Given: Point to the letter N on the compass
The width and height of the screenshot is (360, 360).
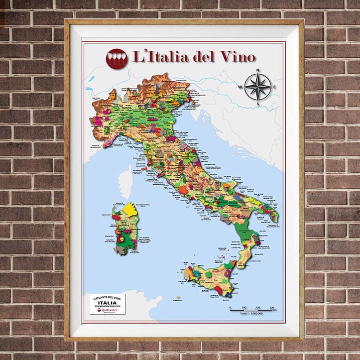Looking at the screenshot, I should coord(258,70).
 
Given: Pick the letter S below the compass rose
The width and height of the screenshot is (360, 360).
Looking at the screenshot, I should coord(257,104).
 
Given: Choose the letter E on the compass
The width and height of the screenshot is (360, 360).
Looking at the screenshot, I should coord(274,87).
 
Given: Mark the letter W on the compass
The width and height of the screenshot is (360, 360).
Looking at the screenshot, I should coord(240,87).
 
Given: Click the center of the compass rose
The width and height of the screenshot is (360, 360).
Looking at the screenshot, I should coord(257,87).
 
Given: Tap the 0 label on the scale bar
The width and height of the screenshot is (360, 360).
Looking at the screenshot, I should coord(230,308).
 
